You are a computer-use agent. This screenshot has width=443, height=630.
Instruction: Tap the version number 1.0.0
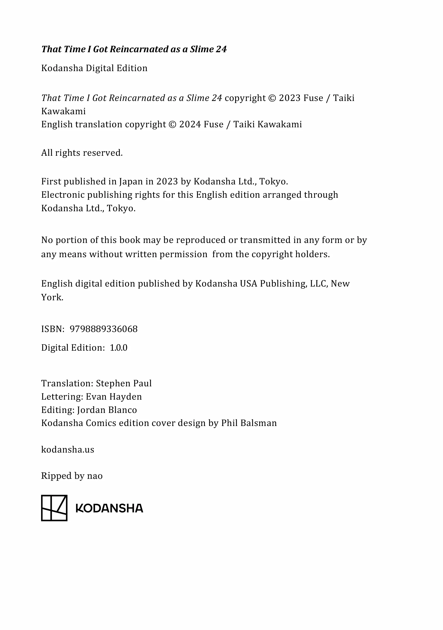[118, 348]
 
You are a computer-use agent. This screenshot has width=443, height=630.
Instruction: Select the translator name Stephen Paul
[124, 383]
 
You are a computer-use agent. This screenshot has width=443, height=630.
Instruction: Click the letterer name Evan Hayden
[114, 397]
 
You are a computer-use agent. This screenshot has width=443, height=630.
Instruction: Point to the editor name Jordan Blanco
[107, 410]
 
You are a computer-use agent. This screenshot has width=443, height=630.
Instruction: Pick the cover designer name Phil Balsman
[249, 423]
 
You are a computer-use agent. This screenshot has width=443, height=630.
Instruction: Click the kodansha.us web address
[67, 450]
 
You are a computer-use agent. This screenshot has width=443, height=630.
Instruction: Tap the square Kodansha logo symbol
[54, 508]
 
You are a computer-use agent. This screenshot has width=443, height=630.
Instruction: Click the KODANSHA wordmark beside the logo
[109, 509]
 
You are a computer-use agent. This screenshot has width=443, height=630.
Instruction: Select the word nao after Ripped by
[95, 476]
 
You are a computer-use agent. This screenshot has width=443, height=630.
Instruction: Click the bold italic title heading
[134, 49]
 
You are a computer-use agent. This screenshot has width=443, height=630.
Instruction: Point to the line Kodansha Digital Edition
[94, 68]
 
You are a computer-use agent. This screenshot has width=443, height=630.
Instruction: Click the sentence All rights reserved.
[82, 153]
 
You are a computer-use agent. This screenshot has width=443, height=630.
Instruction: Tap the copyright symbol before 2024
[172, 125]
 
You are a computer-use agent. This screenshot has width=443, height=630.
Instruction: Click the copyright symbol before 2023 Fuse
[272, 98]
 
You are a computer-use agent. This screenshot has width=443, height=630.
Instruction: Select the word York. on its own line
[52, 297]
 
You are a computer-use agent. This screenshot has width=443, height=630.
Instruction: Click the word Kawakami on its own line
[64, 111]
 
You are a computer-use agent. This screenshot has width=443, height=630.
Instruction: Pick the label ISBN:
[53, 329]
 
